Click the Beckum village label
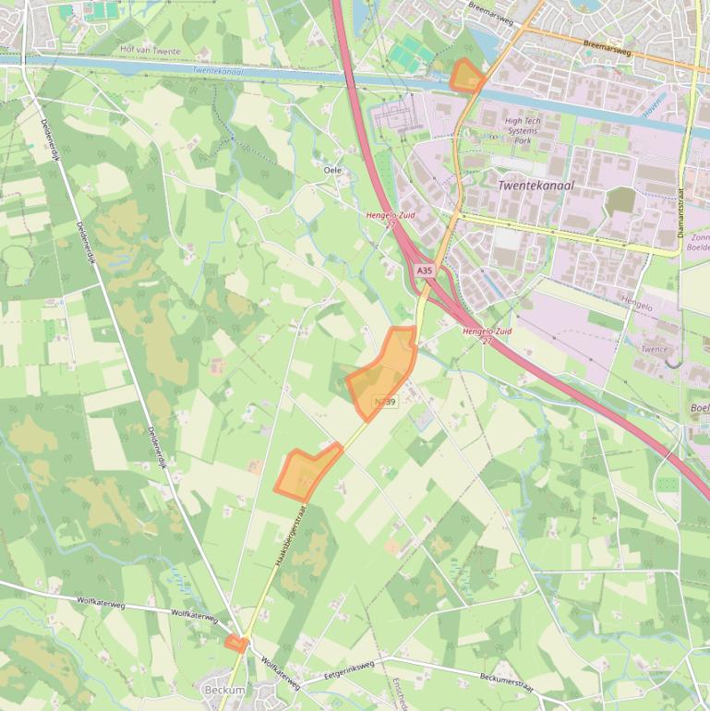[x=224, y=690]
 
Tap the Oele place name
[x=332, y=170]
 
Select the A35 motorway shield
[x=424, y=271]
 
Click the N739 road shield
[x=386, y=402]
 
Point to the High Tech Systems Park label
[x=523, y=130]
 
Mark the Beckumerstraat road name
[x=507, y=677]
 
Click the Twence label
[x=654, y=349]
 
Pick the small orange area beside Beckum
[x=237, y=644]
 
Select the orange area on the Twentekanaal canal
[x=466, y=76]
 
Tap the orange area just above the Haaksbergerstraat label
[x=307, y=473]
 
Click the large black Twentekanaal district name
[x=536, y=185]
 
